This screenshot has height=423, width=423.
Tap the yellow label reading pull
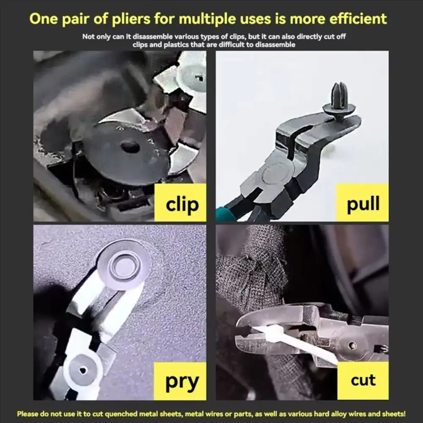[x=362, y=204]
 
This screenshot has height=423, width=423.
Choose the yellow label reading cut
[x=363, y=380]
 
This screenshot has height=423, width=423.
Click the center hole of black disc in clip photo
[x=130, y=146]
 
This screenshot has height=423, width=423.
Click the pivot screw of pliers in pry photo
[x=82, y=370]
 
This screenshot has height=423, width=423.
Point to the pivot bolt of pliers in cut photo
[x=352, y=345]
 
